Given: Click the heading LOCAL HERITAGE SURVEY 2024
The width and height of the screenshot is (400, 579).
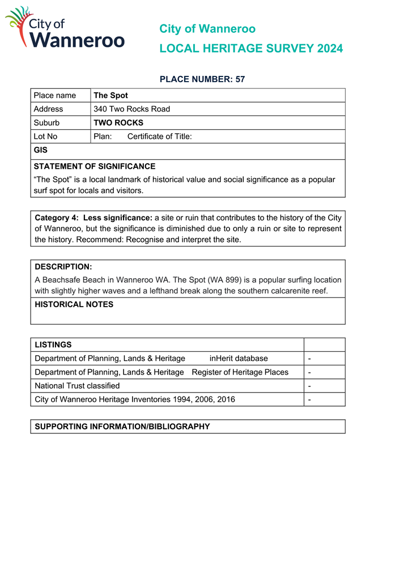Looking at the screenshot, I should (250, 49).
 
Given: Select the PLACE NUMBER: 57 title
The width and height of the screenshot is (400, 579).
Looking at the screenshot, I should (202, 79).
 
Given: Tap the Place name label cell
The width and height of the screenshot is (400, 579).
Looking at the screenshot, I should (54, 96).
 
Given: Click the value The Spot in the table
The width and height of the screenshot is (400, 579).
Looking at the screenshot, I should (110, 96).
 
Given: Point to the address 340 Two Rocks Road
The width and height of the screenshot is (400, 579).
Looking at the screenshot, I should (131, 109).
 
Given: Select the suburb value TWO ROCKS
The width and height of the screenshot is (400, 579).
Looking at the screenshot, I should (118, 123).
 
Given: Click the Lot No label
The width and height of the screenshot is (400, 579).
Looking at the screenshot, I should (45, 137).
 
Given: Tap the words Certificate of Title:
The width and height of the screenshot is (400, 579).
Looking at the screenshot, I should (159, 137).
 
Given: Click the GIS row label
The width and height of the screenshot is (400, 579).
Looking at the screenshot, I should (41, 151).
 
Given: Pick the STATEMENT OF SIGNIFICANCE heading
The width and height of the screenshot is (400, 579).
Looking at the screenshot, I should (94, 167).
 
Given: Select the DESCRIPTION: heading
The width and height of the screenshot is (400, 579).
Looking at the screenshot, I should (63, 267).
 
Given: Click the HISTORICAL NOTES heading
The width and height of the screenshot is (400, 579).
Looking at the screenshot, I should (74, 305).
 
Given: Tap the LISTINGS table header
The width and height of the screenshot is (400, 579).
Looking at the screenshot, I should (53, 345).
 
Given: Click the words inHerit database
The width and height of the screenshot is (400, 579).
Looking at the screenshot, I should (239, 359).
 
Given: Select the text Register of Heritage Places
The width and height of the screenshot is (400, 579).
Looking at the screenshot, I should (240, 372).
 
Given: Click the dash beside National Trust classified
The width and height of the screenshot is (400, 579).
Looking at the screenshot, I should (309, 386).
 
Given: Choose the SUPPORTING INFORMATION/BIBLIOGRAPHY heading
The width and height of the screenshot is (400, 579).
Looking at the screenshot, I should (122, 427).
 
